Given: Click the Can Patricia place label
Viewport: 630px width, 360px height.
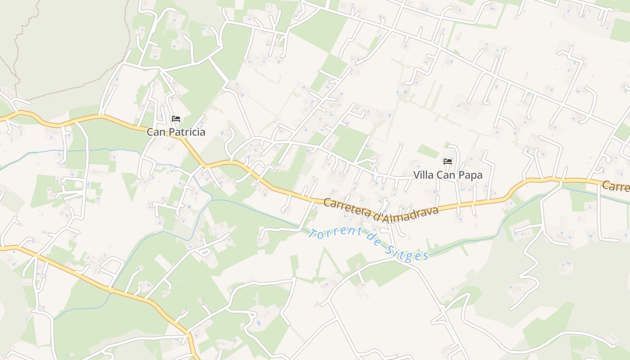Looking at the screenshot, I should [x=176, y=132].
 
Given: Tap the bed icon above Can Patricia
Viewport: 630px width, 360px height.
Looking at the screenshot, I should [x=176, y=119].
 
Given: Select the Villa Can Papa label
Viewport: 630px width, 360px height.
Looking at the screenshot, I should [x=448, y=175].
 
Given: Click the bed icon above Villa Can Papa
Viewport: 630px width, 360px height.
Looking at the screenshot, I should [x=448, y=162].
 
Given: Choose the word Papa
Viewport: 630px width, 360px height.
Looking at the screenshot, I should [x=470, y=175].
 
